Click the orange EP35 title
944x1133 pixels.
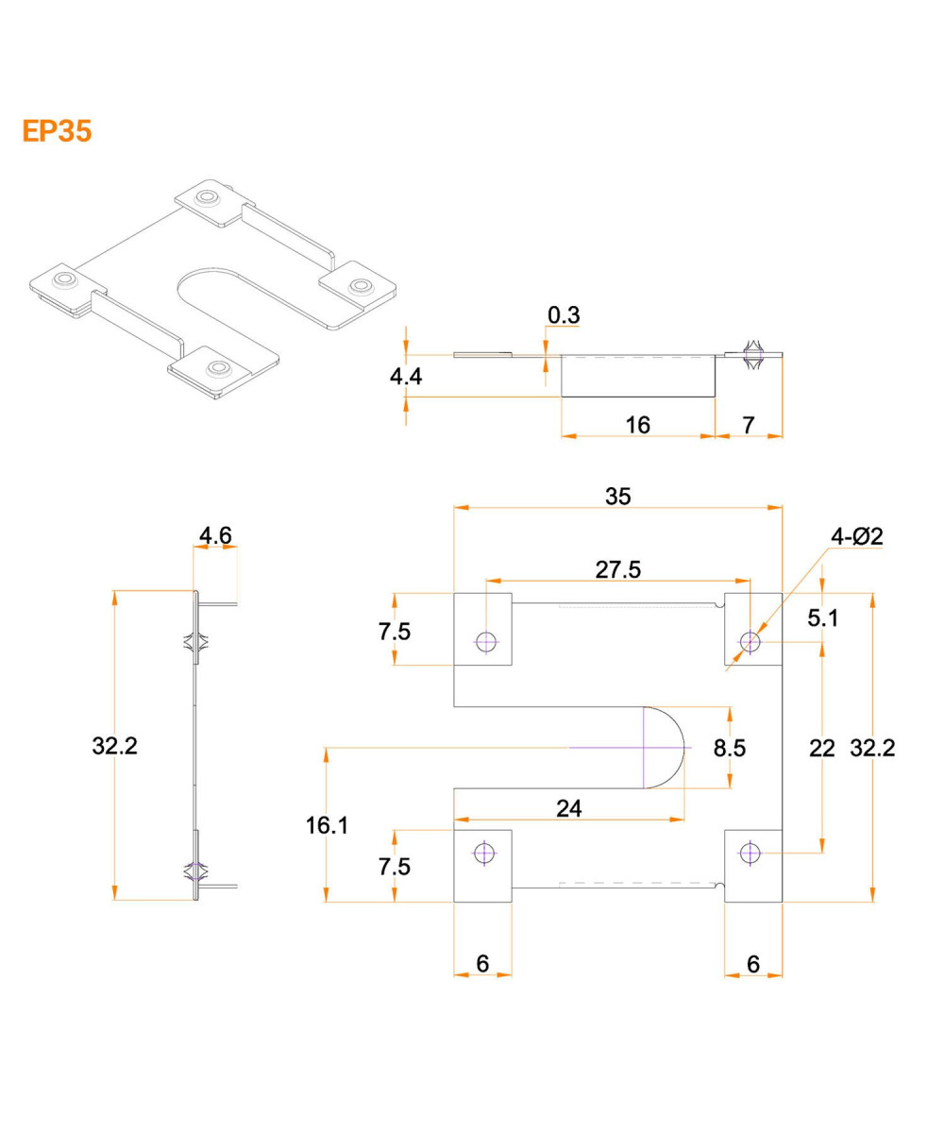coord(57,131)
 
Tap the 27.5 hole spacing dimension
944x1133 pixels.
coord(618,569)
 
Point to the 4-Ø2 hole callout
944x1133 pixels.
coord(856,536)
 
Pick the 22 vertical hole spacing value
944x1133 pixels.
coord(822,748)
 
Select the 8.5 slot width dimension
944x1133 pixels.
coord(730,748)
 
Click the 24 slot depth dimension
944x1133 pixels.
coord(568,807)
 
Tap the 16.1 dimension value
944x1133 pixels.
coord(327,825)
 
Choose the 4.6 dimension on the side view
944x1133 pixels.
coord(215,536)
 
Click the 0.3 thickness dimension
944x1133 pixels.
coord(564,315)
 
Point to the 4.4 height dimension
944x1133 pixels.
coord(406,376)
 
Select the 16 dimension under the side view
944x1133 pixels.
coord(638,425)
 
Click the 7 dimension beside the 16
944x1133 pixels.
coord(749,425)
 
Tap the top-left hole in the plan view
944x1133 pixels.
coord(486,642)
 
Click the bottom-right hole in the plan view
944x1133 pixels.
coord(750,854)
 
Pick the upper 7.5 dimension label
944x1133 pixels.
coord(396,632)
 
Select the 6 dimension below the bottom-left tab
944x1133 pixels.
coord(482,963)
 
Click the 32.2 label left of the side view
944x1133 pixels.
coord(115,746)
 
